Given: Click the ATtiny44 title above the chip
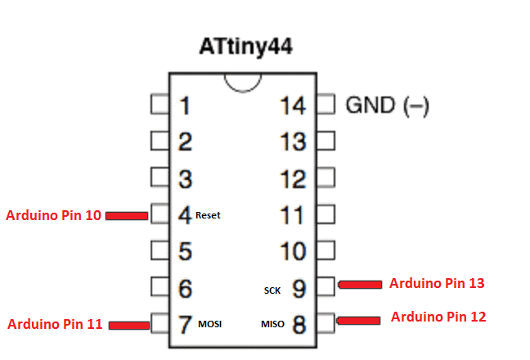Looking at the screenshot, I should tap(245, 46).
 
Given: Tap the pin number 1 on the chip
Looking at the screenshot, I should tap(186, 106).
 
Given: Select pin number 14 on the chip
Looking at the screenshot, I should tap(292, 106).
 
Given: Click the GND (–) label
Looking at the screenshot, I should tap(388, 106).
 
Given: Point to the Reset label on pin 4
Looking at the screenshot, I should tap(208, 216).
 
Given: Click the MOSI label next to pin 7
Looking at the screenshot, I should tap(210, 325).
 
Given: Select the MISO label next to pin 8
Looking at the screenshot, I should tap(272, 325).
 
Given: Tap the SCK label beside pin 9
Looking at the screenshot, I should tap(272, 290).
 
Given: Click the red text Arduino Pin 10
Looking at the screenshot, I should tap(54, 216).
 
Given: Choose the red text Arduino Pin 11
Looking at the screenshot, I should tap(55, 324).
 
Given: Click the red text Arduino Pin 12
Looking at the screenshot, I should tap(438, 316).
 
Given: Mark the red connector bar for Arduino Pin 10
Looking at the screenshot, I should tap(126, 216).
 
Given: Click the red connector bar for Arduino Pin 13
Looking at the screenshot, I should tap(361, 284).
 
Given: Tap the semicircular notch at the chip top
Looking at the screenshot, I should tap(244, 83).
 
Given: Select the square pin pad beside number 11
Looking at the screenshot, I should tap(326, 215).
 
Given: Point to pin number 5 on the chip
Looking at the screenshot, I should tap(186, 252).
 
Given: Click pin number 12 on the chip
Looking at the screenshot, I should tap(292, 178).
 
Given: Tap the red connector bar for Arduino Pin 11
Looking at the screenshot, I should tap(128, 325).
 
